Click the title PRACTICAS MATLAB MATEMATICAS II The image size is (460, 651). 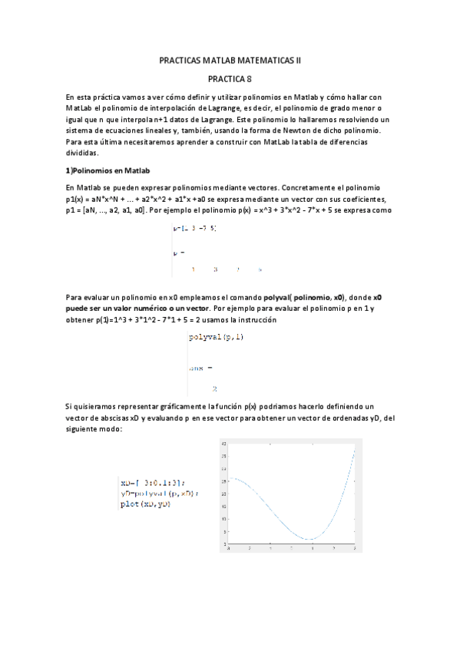(230, 59)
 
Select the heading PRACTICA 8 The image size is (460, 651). (230, 78)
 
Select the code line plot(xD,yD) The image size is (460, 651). (146, 504)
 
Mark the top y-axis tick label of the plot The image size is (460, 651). (223, 444)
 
